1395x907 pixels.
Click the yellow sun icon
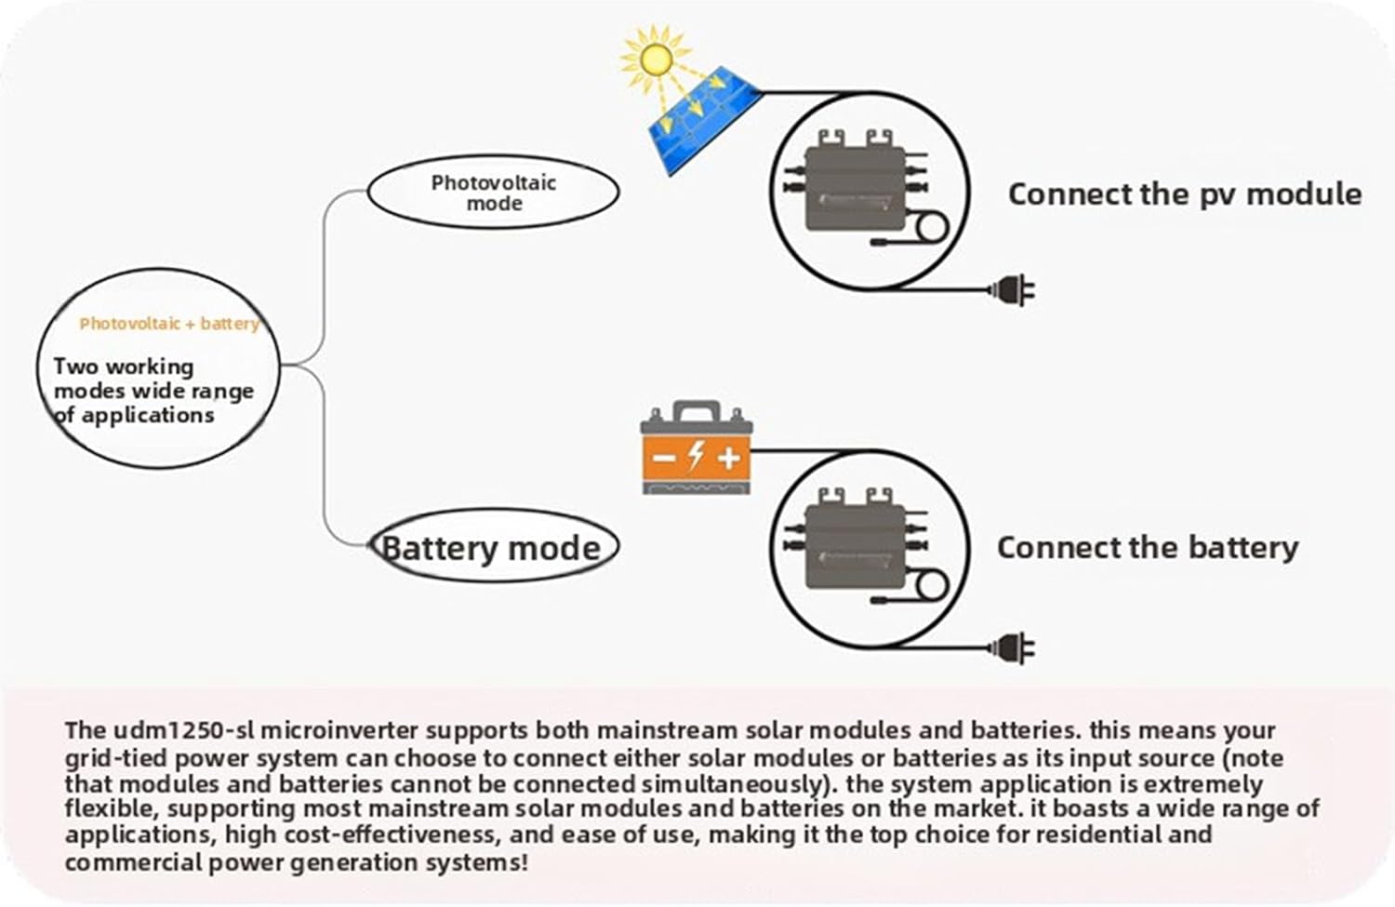(x=655, y=59)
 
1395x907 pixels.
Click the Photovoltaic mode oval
(x=493, y=193)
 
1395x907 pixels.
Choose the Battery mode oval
(x=492, y=547)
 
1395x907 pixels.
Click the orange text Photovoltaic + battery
(x=168, y=324)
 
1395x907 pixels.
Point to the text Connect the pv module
(x=1184, y=194)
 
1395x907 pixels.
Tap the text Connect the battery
(x=1147, y=547)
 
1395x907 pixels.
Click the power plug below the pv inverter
(x=1013, y=291)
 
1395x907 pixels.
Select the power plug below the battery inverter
(x=1013, y=647)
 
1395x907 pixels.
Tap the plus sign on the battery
(x=728, y=457)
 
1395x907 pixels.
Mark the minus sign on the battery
(x=664, y=458)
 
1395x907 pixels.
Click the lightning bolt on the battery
(x=696, y=455)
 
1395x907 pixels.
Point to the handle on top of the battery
(x=697, y=411)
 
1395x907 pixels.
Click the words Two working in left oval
(x=123, y=367)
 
